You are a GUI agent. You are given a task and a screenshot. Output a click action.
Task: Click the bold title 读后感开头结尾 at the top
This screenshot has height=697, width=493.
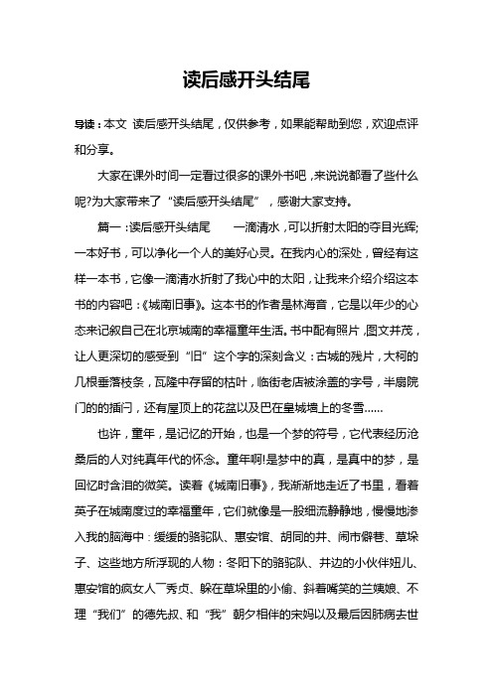click(246, 77)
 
